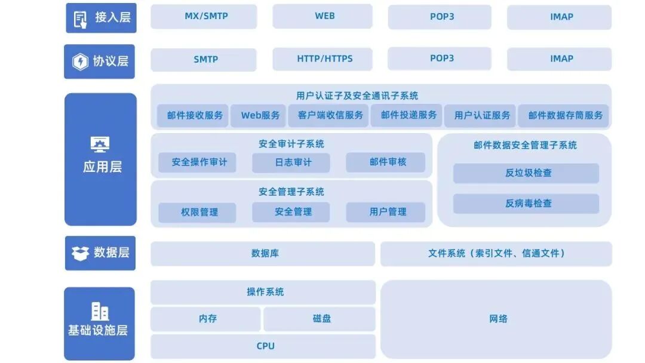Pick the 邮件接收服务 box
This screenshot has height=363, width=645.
(x=194, y=116)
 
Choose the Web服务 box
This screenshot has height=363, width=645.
(x=260, y=116)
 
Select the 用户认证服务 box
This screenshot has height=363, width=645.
(x=481, y=116)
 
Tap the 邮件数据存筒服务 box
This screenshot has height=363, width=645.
(x=564, y=116)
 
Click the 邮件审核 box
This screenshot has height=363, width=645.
(x=386, y=162)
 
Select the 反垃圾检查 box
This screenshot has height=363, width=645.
(x=526, y=173)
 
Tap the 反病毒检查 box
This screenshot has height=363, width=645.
(x=526, y=204)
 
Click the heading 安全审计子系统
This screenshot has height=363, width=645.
(x=291, y=144)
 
